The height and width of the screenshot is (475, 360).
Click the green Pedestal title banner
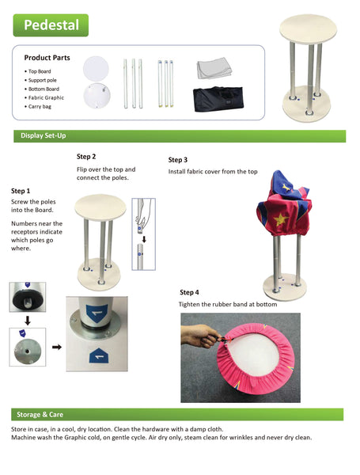pyautogui.click(x=51, y=25)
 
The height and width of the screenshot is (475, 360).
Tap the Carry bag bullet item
pyautogui.click(x=40, y=105)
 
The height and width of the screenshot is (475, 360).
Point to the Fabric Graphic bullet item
pyautogui.click(x=45, y=97)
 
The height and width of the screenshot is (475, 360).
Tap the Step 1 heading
pyautogui.click(x=21, y=191)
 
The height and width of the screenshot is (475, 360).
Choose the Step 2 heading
pyautogui.click(x=86, y=157)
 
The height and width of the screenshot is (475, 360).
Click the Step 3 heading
pyautogui.click(x=178, y=159)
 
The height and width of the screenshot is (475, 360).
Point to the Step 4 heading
pyautogui.click(x=190, y=292)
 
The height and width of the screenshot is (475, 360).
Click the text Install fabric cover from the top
pyautogui.click(x=213, y=171)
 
